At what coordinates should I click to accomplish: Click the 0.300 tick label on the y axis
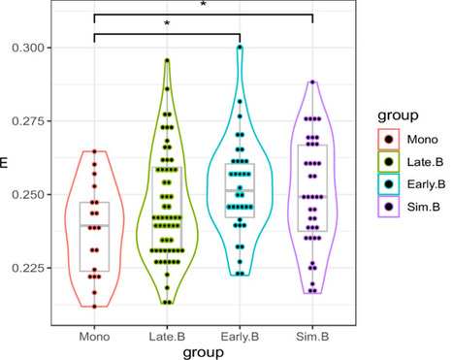tap(28, 48)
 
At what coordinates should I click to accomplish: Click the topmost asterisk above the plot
tap(203, 5)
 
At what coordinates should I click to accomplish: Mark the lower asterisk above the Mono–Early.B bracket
tap(167, 22)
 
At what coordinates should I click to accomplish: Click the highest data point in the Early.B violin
tap(240, 47)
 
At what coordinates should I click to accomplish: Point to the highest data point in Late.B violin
tap(167, 60)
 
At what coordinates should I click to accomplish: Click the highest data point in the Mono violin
tap(94, 151)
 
